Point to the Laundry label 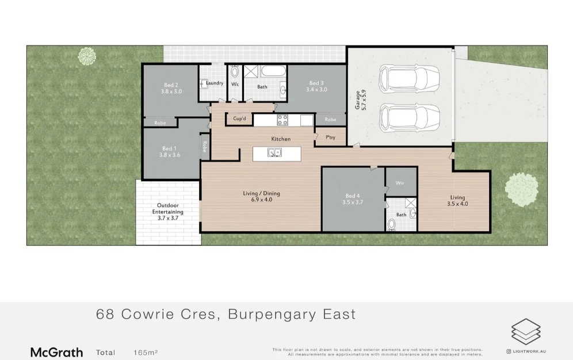pyautogui.click(x=215, y=83)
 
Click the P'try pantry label pyautogui.click(x=331, y=137)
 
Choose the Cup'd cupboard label pyautogui.click(x=239, y=119)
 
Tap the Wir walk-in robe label pyautogui.click(x=400, y=183)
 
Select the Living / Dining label pyautogui.click(x=261, y=196)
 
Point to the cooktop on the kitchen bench pyautogui.click(x=283, y=120)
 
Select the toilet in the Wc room pyautogui.click(x=235, y=73)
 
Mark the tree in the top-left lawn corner pyautogui.click(x=87, y=56)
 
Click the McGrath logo pyautogui.click(x=56, y=352)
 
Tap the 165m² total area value pyautogui.click(x=146, y=352)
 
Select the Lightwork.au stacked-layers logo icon pyautogui.click(x=526, y=332)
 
